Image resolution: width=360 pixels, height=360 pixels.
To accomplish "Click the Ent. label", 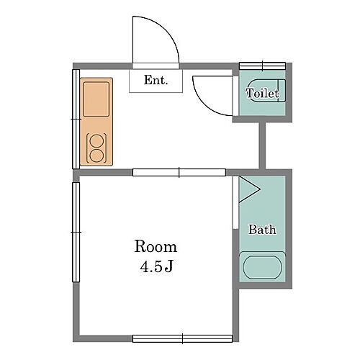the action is [156, 80].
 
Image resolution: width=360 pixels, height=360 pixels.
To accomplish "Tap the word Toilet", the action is [262, 93].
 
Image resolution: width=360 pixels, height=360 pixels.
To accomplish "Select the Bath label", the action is [262, 230].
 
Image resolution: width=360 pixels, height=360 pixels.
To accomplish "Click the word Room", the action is [156, 246].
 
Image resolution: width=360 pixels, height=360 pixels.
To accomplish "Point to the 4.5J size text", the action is [156, 266].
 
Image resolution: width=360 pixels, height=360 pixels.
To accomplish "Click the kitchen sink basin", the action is [96, 99].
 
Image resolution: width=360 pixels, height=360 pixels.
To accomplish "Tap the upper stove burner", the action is [96, 140].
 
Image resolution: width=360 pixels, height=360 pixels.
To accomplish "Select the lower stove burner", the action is [96, 156].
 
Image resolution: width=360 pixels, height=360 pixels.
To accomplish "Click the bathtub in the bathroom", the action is [262, 267].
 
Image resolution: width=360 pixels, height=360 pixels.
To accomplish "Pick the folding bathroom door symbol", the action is [250, 189].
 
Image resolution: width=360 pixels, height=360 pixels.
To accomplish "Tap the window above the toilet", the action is [263, 66].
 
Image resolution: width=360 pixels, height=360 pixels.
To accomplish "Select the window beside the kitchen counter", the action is [76, 119].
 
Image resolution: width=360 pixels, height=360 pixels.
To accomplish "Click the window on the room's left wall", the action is [76, 232].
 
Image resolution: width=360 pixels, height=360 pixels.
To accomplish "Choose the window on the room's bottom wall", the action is [182, 338].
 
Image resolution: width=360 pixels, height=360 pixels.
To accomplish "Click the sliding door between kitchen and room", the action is [179, 172].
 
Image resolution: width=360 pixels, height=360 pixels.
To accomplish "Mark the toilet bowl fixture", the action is [266, 90].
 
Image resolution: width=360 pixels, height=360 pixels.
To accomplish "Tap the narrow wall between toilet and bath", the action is [262, 145].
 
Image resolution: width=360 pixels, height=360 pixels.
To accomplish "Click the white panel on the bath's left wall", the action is [236, 202].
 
